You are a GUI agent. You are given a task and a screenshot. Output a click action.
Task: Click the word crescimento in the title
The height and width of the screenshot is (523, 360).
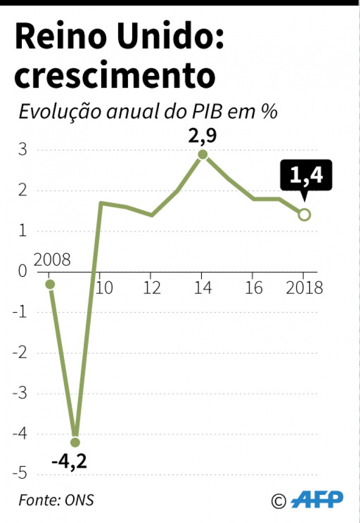[114, 76]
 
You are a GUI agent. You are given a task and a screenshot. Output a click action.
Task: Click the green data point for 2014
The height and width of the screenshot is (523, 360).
[203, 154]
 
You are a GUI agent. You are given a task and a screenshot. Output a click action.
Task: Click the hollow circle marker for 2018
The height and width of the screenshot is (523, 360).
[304, 215]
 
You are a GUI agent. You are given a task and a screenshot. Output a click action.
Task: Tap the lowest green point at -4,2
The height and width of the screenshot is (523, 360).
[75, 442]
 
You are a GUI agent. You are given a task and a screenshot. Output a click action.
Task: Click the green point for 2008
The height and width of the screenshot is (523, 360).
[49, 284]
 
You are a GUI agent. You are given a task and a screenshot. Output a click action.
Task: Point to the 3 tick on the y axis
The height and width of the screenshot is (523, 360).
[22, 150]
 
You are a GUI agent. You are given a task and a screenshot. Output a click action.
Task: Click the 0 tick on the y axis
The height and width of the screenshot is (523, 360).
[22, 271]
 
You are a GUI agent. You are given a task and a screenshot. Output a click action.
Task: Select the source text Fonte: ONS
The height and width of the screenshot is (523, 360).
[56, 500]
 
